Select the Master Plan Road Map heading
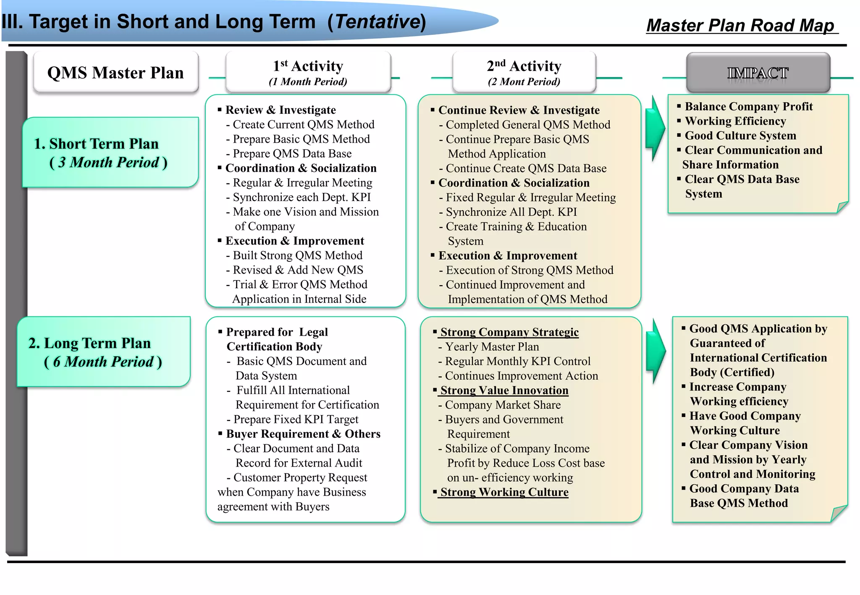tap(740, 25)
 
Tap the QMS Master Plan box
tap(115, 73)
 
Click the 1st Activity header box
tap(308, 72)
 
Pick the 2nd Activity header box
tap(524, 72)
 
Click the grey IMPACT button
tap(758, 73)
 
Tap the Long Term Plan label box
tap(103, 352)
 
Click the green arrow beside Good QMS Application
tap(655, 351)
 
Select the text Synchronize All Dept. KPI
tap(511, 212)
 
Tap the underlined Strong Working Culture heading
tap(504, 492)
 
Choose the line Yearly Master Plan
tap(492, 347)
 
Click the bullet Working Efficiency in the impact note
tap(735, 121)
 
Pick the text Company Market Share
tap(503, 405)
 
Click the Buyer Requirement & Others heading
tap(303, 434)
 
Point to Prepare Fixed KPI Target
tap(296, 419)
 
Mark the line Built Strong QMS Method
tap(297, 256)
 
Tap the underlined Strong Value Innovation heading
tap(504, 390)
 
